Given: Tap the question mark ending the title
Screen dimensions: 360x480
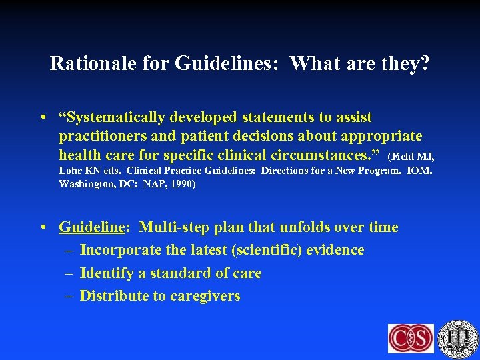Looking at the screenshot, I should point(424,63).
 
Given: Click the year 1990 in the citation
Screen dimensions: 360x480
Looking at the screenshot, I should point(181,183).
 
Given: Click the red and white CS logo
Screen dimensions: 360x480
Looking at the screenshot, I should point(411,338).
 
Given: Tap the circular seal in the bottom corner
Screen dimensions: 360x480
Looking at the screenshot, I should point(459,337).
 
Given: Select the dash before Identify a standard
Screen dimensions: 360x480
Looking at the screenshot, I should point(69,273).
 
